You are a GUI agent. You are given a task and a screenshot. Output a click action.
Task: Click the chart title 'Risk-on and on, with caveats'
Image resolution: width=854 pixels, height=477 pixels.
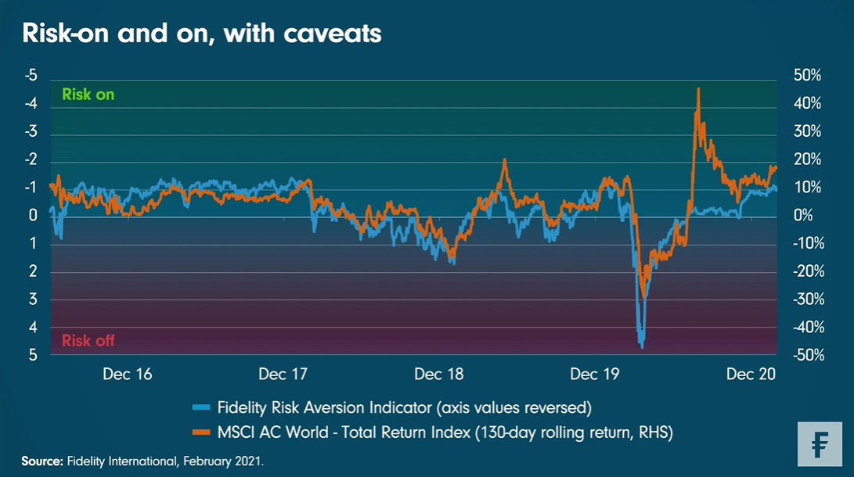202,34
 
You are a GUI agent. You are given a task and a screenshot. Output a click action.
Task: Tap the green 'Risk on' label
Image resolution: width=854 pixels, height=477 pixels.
88,95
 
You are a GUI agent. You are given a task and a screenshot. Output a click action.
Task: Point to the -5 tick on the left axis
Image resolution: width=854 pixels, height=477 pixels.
31,76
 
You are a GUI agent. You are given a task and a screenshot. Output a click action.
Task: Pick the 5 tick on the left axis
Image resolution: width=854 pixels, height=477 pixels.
34,355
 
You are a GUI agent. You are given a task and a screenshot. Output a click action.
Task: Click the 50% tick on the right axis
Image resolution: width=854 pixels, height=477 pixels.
806,76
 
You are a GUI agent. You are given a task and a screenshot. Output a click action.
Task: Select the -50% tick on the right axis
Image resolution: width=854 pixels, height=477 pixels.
806,355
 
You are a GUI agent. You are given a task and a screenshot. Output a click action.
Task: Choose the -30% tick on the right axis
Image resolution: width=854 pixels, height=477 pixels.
806,299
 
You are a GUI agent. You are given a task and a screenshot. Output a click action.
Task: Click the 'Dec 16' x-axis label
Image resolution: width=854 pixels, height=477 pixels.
128,375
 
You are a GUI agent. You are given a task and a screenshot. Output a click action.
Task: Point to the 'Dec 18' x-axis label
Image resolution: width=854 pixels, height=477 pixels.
439,375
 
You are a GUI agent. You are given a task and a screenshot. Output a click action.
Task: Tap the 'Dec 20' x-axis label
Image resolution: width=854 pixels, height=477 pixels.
751,375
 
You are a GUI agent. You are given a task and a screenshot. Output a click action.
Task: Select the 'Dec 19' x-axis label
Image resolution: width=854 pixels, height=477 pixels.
595,375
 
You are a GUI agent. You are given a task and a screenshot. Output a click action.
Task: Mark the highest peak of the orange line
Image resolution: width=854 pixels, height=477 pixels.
697,89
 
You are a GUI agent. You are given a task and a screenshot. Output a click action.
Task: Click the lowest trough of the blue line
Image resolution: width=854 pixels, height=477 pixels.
641,346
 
